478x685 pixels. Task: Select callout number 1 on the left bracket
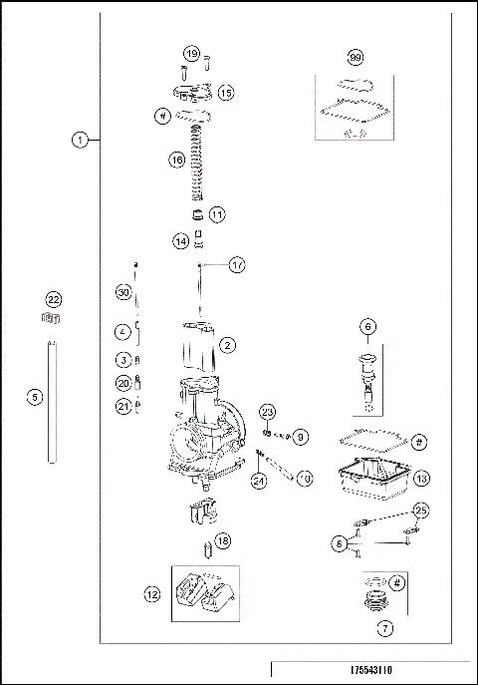pyautogui.click(x=80, y=141)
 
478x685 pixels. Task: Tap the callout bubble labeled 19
pyautogui.click(x=191, y=53)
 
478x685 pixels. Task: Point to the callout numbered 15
pyautogui.click(x=225, y=92)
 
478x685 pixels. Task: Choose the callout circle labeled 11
pyautogui.click(x=217, y=213)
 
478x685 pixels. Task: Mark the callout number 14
pyautogui.click(x=179, y=240)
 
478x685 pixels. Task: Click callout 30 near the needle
pyautogui.click(x=122, y=292)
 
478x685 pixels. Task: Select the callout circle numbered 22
pyautogui.click(x=53, y=299)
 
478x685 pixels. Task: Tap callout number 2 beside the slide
pyautogui.click(x=227, y=345)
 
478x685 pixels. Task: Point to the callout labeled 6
pyautogui.click(x=367, y=326)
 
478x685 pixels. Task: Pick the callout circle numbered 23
pyautogui.click(x=267, y=412)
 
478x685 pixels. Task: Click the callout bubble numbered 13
pyautogui.click(x=421, y=479)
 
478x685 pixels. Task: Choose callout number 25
pyautogui.click(x=422, y=511)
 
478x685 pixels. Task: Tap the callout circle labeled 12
pyautogui.click(x=151, y=594)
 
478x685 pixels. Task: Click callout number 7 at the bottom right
pyautogui.click(x=383, y=628)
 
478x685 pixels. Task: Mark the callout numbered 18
pyautogui.click(x=223, y=540)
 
